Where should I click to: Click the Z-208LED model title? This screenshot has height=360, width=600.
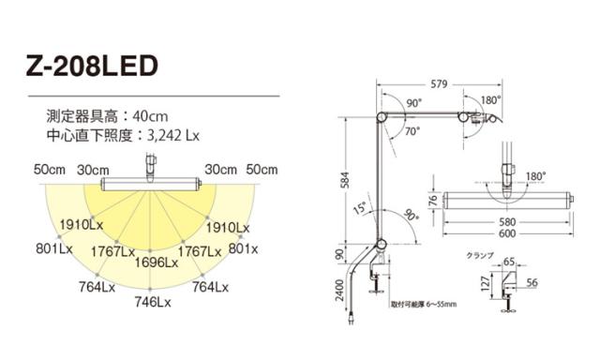tap(92, 67)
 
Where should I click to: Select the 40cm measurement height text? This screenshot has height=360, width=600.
tap(150, 116)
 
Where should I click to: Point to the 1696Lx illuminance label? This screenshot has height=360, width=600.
tap(157, 262)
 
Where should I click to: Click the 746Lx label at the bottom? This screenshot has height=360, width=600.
tap(153, 302)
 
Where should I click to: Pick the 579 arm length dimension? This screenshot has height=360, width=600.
tap(439, 83)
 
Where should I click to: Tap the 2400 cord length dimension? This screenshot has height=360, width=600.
tap(339, 290)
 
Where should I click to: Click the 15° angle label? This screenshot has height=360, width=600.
tap(359, 208)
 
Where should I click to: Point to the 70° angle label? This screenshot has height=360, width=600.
tap(412, 131)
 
